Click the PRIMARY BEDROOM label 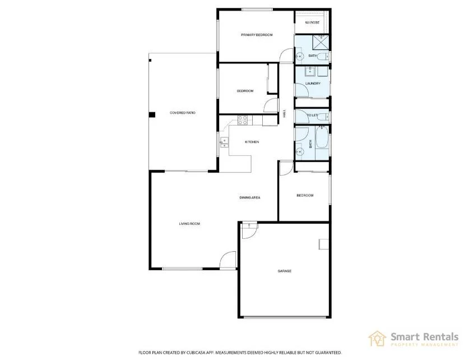pyautogui.click(x=257, y=35)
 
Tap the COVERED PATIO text pyautogui.click(x=183, y=113)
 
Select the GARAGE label pyautogui.click(x=284, y=271)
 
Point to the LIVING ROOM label pyautogui.click(x=189, y=224)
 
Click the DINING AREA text pyautogui.click(x=249, y=197)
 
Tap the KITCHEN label pyautogui.click(x=252, y=142)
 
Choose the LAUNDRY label pyautogui.click(x=313, y=84)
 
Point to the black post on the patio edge pyautogui.click(x=151, y=115)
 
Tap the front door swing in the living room pyautogui.click(x=229, y=260)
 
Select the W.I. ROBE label pyautogui.click(x=312, y=23)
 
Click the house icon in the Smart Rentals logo pyautogui.click(x=377, y=338)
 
